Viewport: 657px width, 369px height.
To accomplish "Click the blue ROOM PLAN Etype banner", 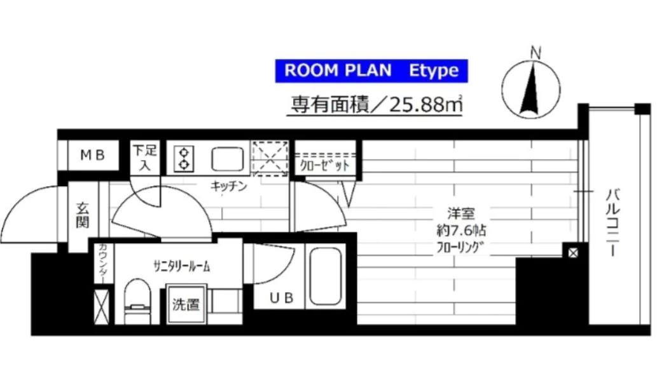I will pos(371,70).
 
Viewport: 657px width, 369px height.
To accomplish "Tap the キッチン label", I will pos(229,187).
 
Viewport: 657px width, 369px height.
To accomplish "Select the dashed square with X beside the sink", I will pos(270,158).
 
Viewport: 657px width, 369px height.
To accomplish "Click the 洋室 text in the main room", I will pos(460,214).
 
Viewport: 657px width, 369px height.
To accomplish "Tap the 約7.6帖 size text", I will pos(461,230).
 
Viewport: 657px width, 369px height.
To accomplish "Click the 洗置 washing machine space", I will pos(186,304).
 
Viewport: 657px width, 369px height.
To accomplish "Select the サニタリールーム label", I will pos(181,266).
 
